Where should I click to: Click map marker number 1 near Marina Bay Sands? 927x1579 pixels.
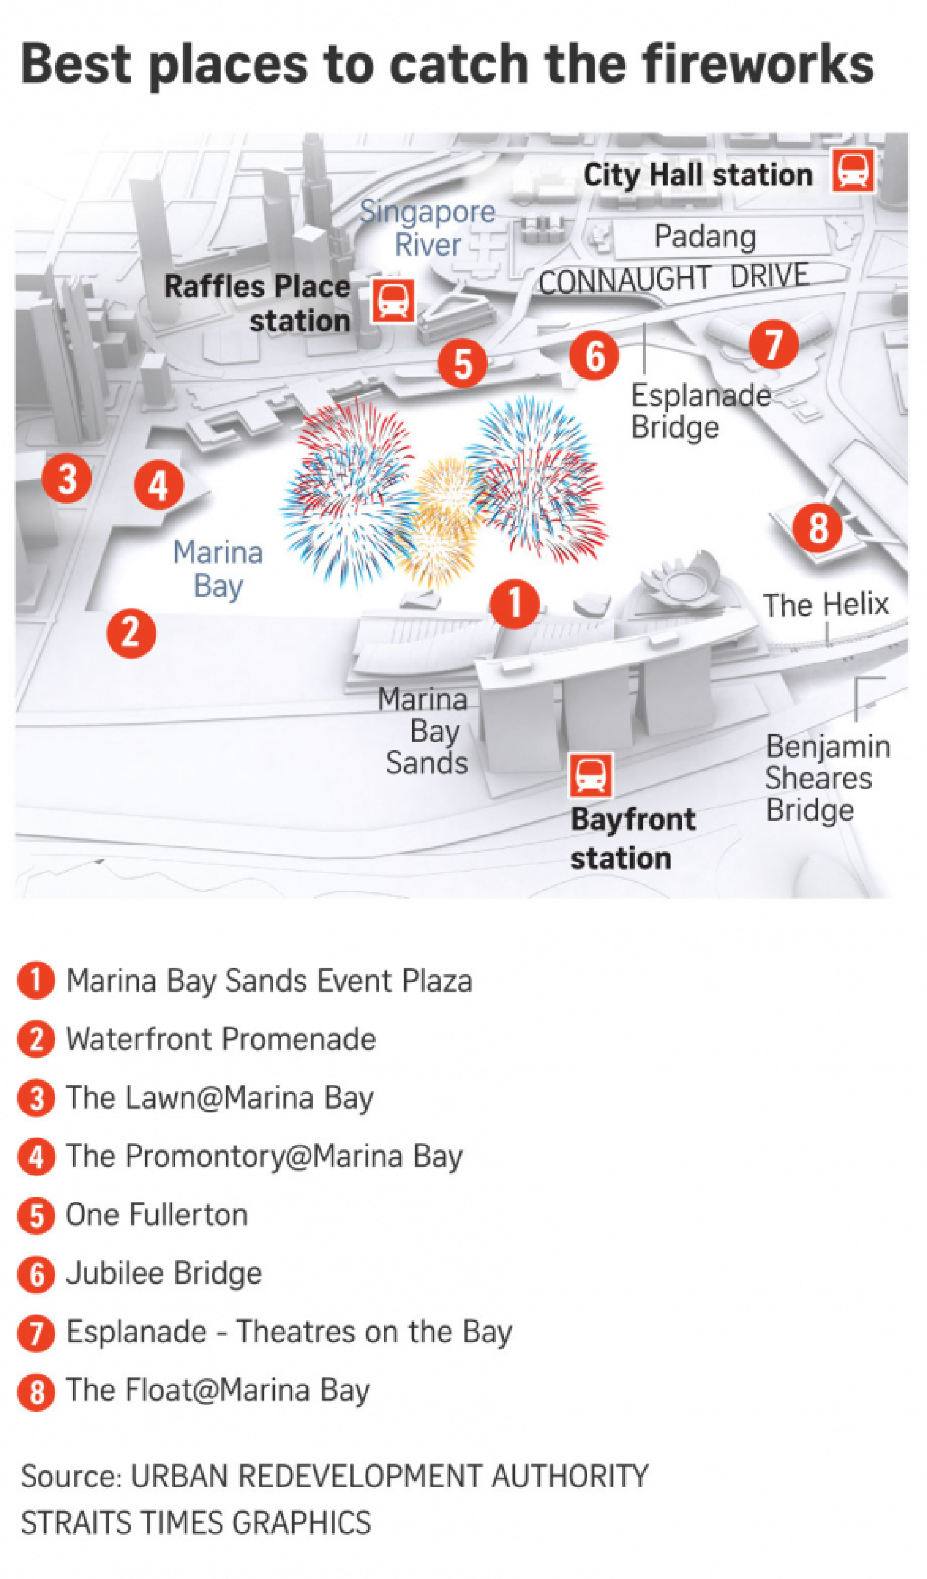(514, 603)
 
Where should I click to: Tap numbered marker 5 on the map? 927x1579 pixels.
(463, 363)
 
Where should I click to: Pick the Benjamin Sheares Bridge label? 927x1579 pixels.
(827, 778)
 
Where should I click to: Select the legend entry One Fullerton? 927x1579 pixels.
(157, 1214)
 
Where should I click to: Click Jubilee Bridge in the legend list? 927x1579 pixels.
(164, 1273)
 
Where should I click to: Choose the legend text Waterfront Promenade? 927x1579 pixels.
(221, 1039)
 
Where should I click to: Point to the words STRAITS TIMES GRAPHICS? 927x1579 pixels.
(196, 1522)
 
